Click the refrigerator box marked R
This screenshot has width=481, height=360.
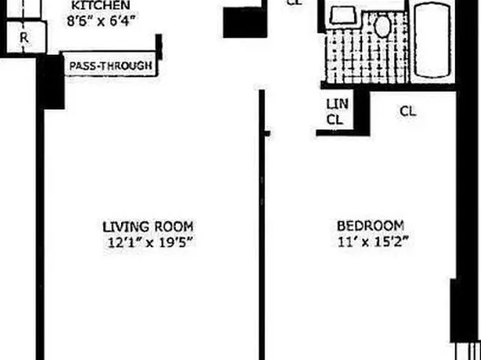(24, 36)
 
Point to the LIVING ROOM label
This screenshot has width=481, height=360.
(148, 226)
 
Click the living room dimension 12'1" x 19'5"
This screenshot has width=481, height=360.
(148, 241)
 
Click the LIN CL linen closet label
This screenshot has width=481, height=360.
(335, 111)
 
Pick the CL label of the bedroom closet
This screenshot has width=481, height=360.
(408, 112)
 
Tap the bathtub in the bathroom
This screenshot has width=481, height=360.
(435, 40)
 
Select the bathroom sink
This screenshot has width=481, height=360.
(343, 16)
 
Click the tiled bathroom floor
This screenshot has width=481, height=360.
(363, 61)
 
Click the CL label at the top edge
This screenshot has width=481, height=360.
(295, 3)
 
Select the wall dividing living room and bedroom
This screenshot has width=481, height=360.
(261, 226)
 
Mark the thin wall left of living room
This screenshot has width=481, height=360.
(38, 226)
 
